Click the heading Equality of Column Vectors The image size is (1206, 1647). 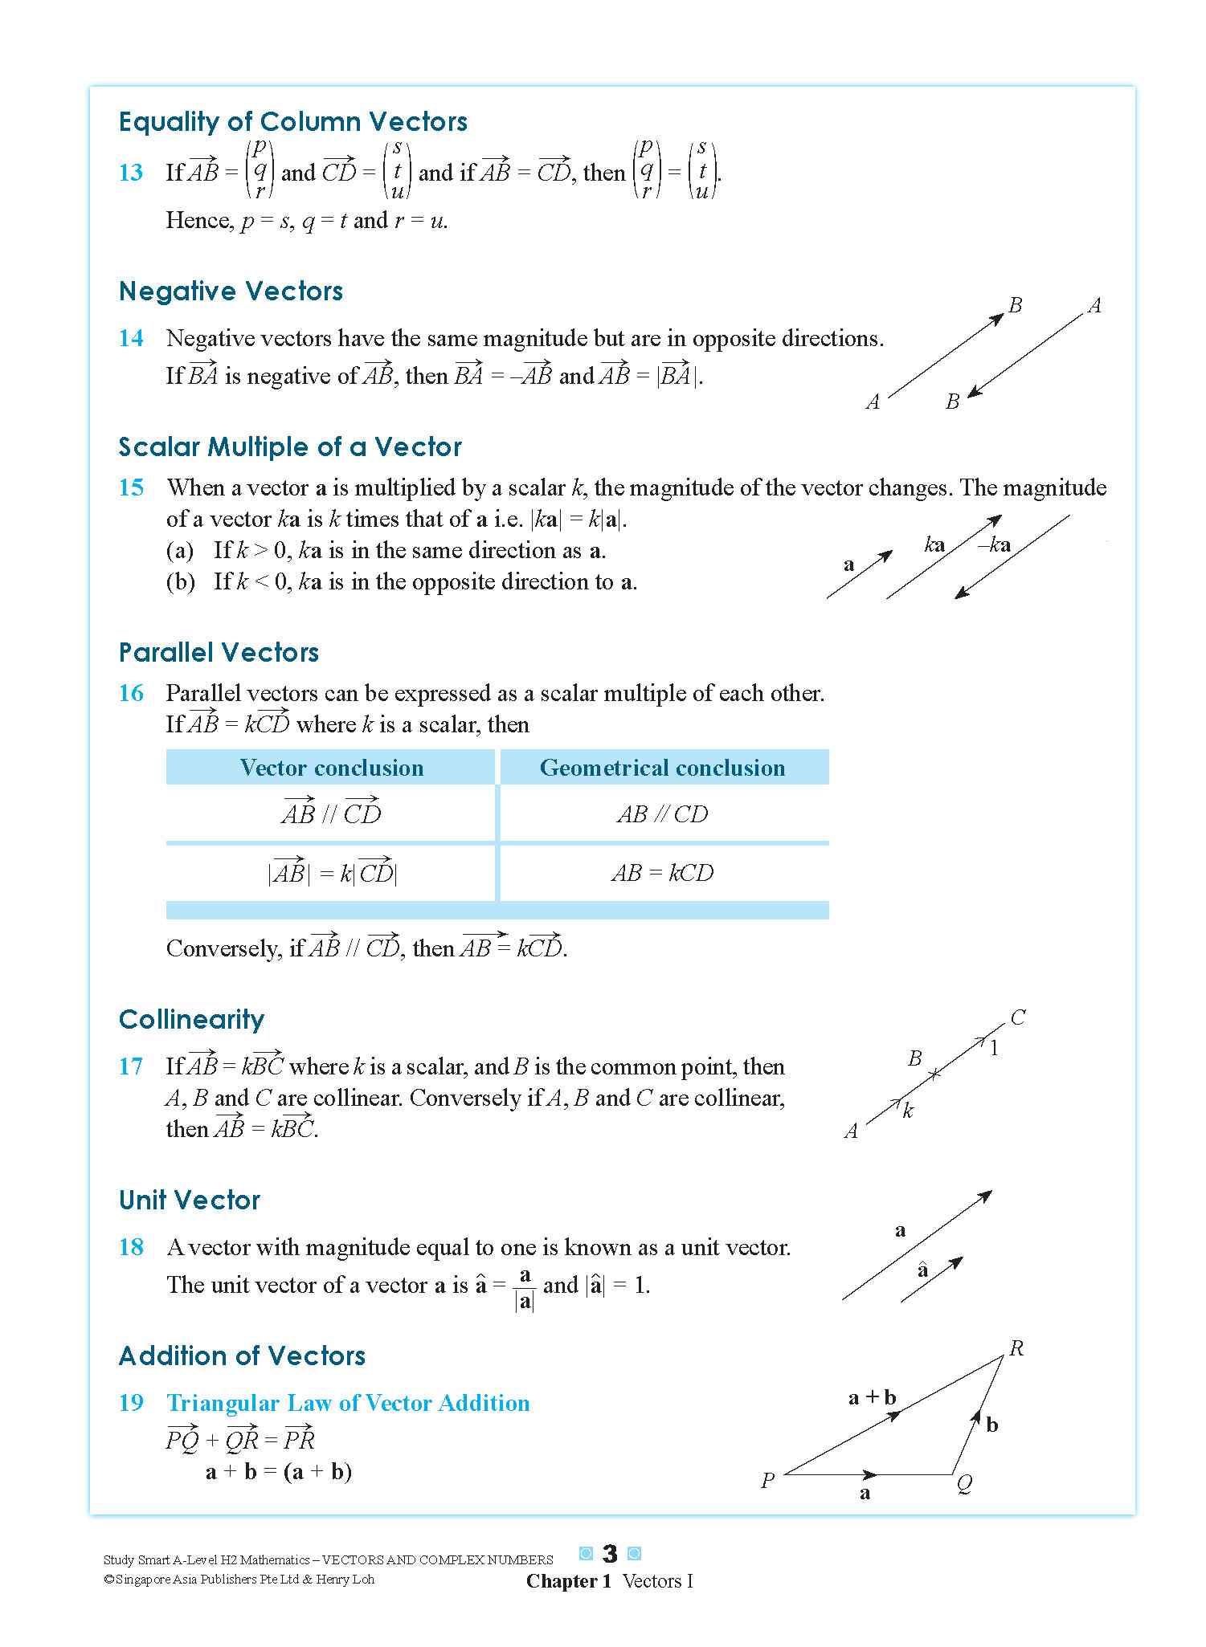click(292, 122)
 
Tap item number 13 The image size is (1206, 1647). click(131, 173)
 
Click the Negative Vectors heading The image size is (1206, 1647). click(231, 291)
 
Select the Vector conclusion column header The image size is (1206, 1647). click(331, 768)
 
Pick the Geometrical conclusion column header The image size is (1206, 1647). click(662, 768)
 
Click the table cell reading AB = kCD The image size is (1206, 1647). click(662, 873)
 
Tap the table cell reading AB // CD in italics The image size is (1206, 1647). click(662, 814)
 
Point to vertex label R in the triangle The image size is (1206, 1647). click(1016, 1348)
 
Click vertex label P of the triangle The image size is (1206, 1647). click(767, 1480)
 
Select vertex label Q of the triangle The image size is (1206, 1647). click(964, 1484)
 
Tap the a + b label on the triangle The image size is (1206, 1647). click(872, 1397)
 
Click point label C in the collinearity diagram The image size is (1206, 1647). click(1017, 1017)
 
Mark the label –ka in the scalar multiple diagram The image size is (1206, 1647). click(994, 545)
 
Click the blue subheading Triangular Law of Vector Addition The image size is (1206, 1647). click(348, 1403)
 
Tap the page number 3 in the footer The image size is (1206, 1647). click(610, 1554)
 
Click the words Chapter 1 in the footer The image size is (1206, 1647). click(568, 1581)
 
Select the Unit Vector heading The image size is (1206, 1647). click(190, 1200)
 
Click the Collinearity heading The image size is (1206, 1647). click(191, 1019)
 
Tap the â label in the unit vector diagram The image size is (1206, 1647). click(922, 1270)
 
